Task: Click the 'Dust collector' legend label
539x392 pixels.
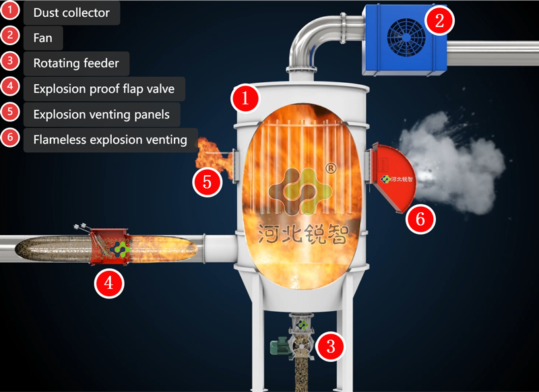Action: click(x=71, y=13)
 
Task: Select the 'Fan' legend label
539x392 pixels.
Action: click(x=42, y=38)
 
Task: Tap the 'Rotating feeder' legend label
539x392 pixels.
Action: click(x=76, y=63)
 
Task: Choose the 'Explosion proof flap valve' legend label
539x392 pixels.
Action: click(x=104, y=89)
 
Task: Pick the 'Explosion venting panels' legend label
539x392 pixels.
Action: click(x=102, y=115)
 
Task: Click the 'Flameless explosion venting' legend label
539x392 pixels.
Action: click(x=110, y=140)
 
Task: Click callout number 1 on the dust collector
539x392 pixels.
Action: click(x=245, y=98)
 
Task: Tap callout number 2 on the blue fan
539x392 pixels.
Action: click(x=439, y=21)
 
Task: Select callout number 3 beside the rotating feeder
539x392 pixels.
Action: click(x=330, y=346)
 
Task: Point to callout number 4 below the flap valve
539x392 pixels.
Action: click(x=109, y=284)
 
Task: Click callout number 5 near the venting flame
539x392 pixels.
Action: click(x=208, y=182)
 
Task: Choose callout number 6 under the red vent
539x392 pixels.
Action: click(x=420, y=219)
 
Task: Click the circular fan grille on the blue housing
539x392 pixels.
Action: click(x=406, y=38)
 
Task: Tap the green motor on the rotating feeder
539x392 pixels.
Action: click(x=280, y=346)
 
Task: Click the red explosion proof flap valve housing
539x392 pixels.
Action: click(x=110, y=247)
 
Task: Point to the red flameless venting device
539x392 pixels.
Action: click(x=392, y=177)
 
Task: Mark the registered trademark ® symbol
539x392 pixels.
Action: click(x=331, y=168)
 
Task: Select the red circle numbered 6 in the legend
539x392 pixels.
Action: click(x=10, y=137)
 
